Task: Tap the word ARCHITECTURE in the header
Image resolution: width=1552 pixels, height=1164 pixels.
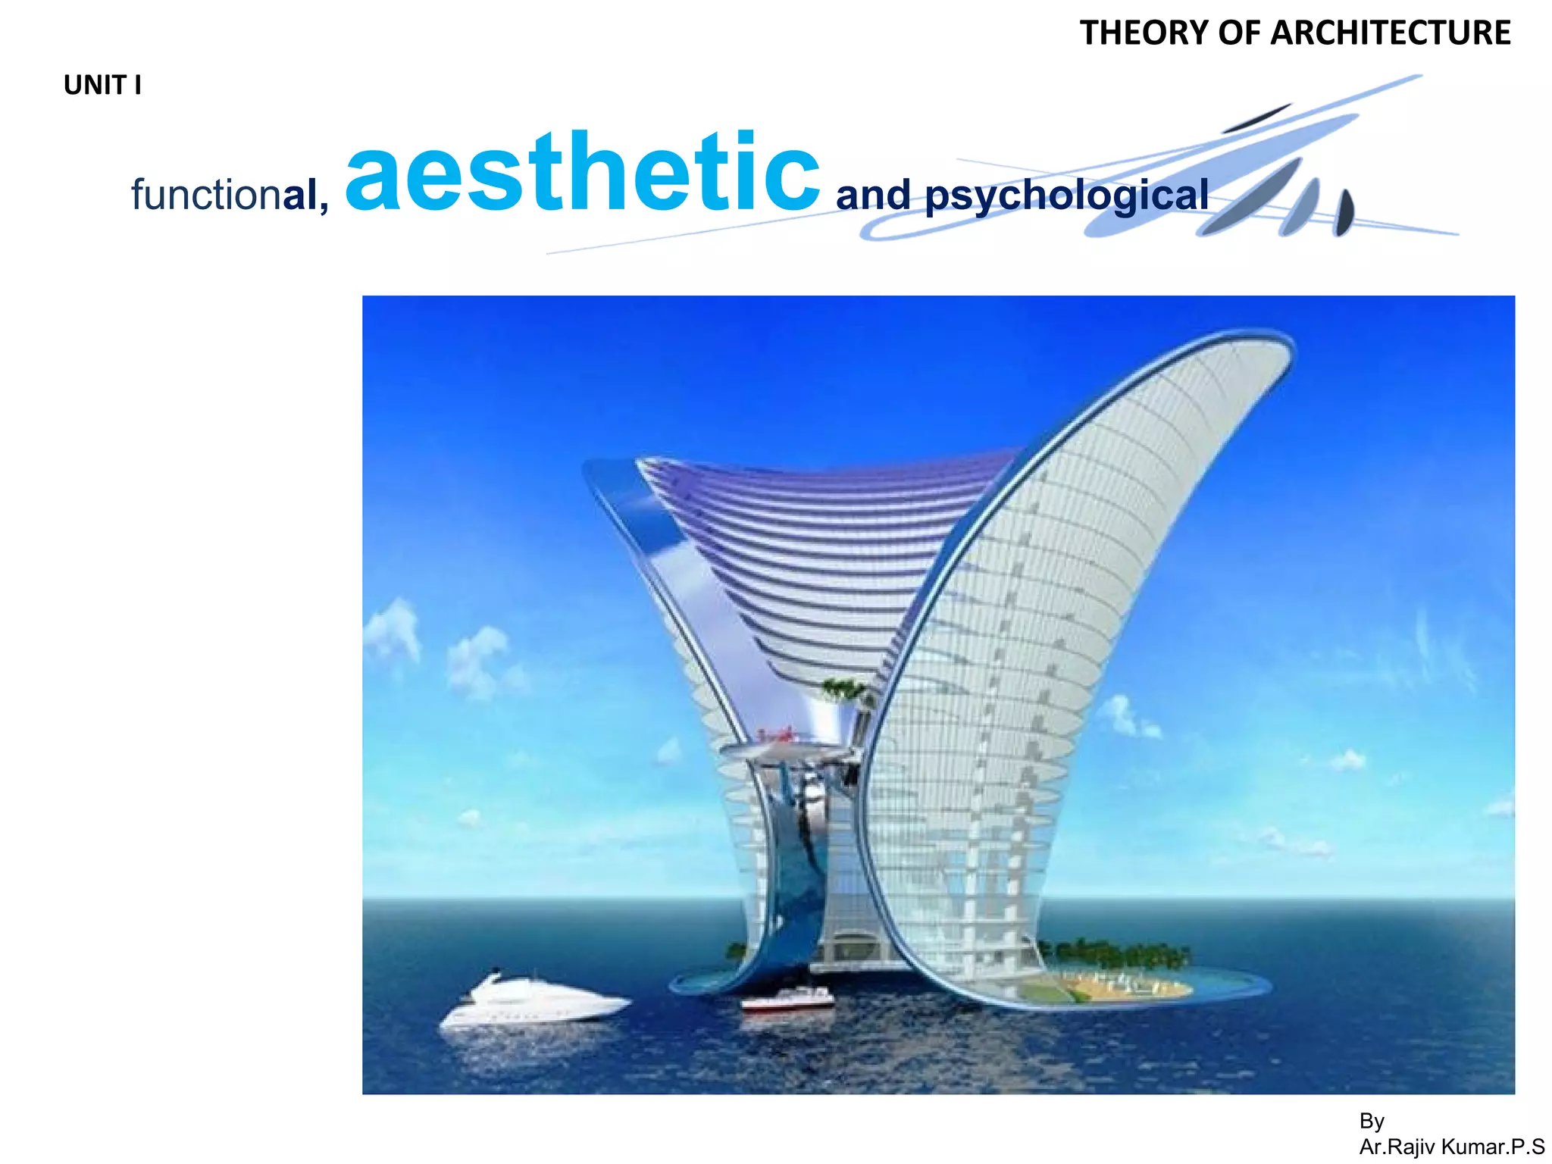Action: point(1391,33)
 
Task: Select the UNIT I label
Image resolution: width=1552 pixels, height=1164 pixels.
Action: point(102,86)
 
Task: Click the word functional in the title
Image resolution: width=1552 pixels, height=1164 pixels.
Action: point(230,195)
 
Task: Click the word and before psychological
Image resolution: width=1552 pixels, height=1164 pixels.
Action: point(873,196)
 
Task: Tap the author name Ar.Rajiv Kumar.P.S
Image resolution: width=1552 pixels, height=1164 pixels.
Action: point(1451,1147)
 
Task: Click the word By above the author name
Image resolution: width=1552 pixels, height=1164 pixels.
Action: point(1372,1121)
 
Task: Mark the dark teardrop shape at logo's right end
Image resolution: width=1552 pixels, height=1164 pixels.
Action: point(1344,214)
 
